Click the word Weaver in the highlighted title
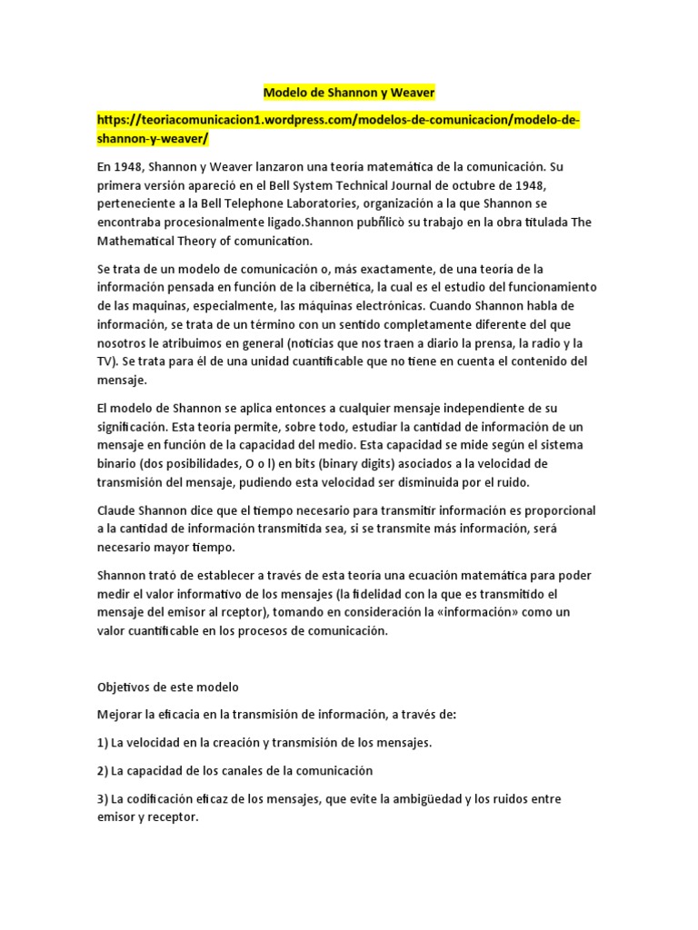coord(411,93)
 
